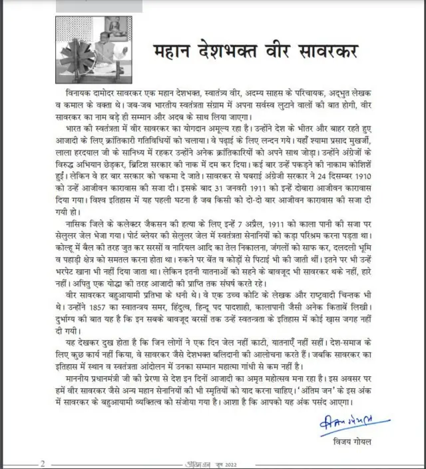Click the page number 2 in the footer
tap(43, 463)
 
